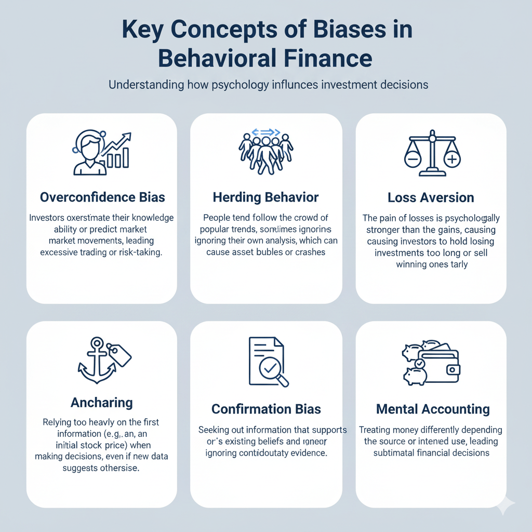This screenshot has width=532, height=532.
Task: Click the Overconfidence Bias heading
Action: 102,197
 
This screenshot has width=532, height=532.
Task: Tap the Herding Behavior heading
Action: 265,197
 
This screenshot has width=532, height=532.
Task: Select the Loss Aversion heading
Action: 431,197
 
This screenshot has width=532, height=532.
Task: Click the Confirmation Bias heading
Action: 265,409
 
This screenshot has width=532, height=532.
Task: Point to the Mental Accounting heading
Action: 433,409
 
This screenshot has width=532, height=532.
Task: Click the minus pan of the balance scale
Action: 414,157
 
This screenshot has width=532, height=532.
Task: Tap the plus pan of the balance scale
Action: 452,158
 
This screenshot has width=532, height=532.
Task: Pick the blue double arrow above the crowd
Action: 266,132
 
